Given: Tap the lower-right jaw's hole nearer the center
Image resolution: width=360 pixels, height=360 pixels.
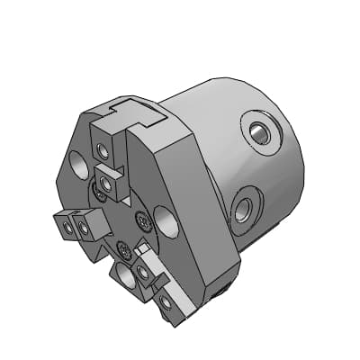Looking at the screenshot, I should pos(144,270).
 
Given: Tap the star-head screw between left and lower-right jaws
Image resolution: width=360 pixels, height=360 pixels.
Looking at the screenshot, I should pos(123,248).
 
